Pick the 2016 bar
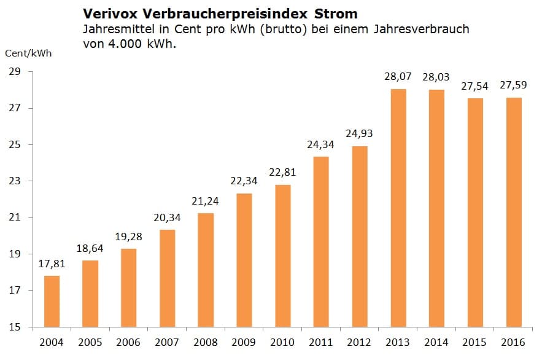click(514, 212)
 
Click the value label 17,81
click(52, 265)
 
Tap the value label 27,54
click(476, 87)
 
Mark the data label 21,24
click(206, 202)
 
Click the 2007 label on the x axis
click(167, 342)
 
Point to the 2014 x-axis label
click(436, 342)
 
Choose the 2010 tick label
click(282, 342)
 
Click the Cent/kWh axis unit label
click(28, 53)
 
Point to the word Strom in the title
click(338, 13)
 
